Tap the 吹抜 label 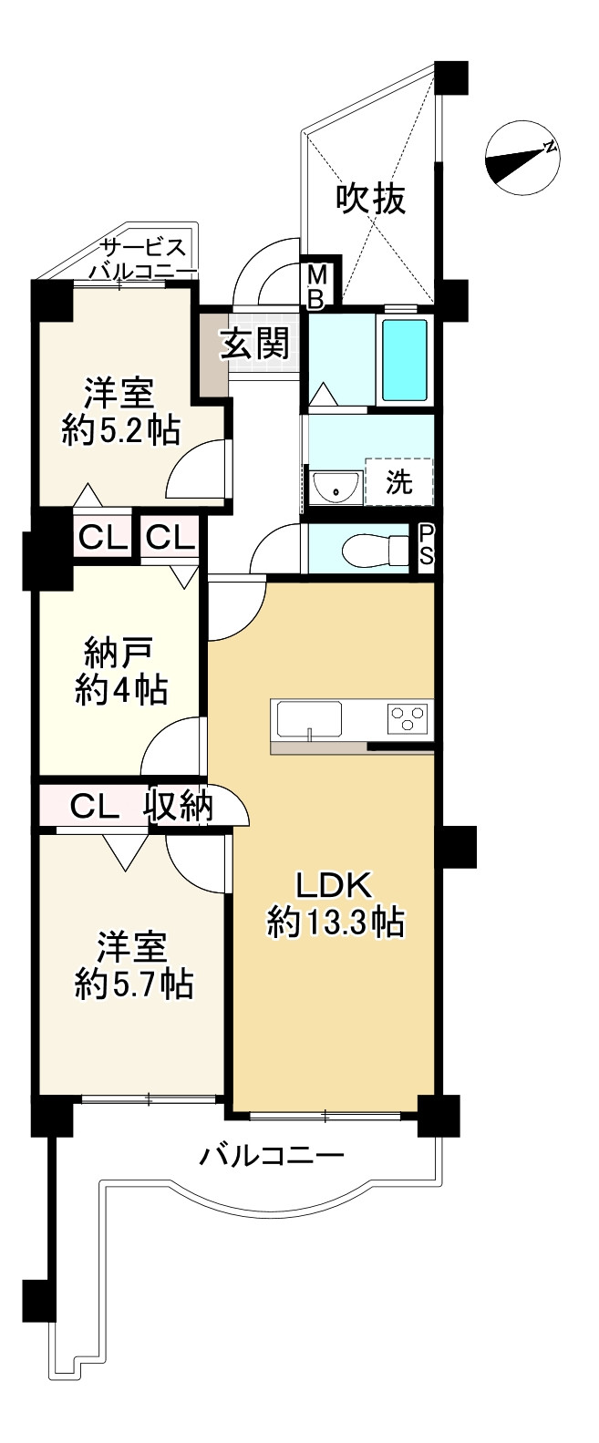pyautogui.click(x=370, y=198)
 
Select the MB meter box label pyautogui.click(x=317, y=285)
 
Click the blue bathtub pyautogui.click(x=404, y=360)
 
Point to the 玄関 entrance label pyautogui.click(x=255, y=344)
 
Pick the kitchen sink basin pyautogui.click(x=309, y=719)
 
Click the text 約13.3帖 pyautogui.click(x=336, y=923)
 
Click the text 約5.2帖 pyautogui.click(x=119, y=428)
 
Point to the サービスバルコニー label pyautogui.click(x=143, y=260)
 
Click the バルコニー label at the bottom pyautogui.click(x=272, y=1157)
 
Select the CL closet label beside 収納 pyautogui.click(x=95, y=805)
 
